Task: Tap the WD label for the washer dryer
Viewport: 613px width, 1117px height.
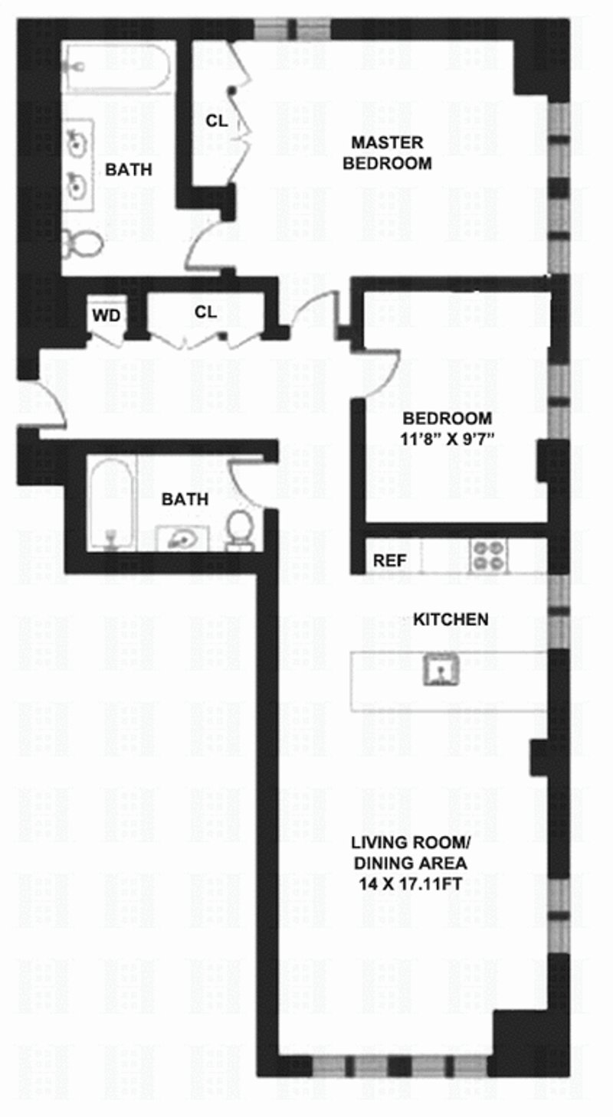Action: click(x=106, y=315)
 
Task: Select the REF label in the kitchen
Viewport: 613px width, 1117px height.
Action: click(x=388, y=560)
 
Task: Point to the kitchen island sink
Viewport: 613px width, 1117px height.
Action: click(x=441, y=671)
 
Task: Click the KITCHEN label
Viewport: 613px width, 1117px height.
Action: click(x=451, y=619)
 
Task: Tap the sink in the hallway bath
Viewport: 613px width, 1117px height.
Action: click(x=183, y=539)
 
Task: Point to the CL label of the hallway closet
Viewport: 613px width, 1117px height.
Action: click(x=205, y=312)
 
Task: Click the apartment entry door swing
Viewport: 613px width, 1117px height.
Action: click(x=48, y=402)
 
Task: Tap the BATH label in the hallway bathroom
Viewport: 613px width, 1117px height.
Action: click(x=184, y=499)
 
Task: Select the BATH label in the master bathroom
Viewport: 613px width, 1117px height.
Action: click(x=128, y=169)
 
